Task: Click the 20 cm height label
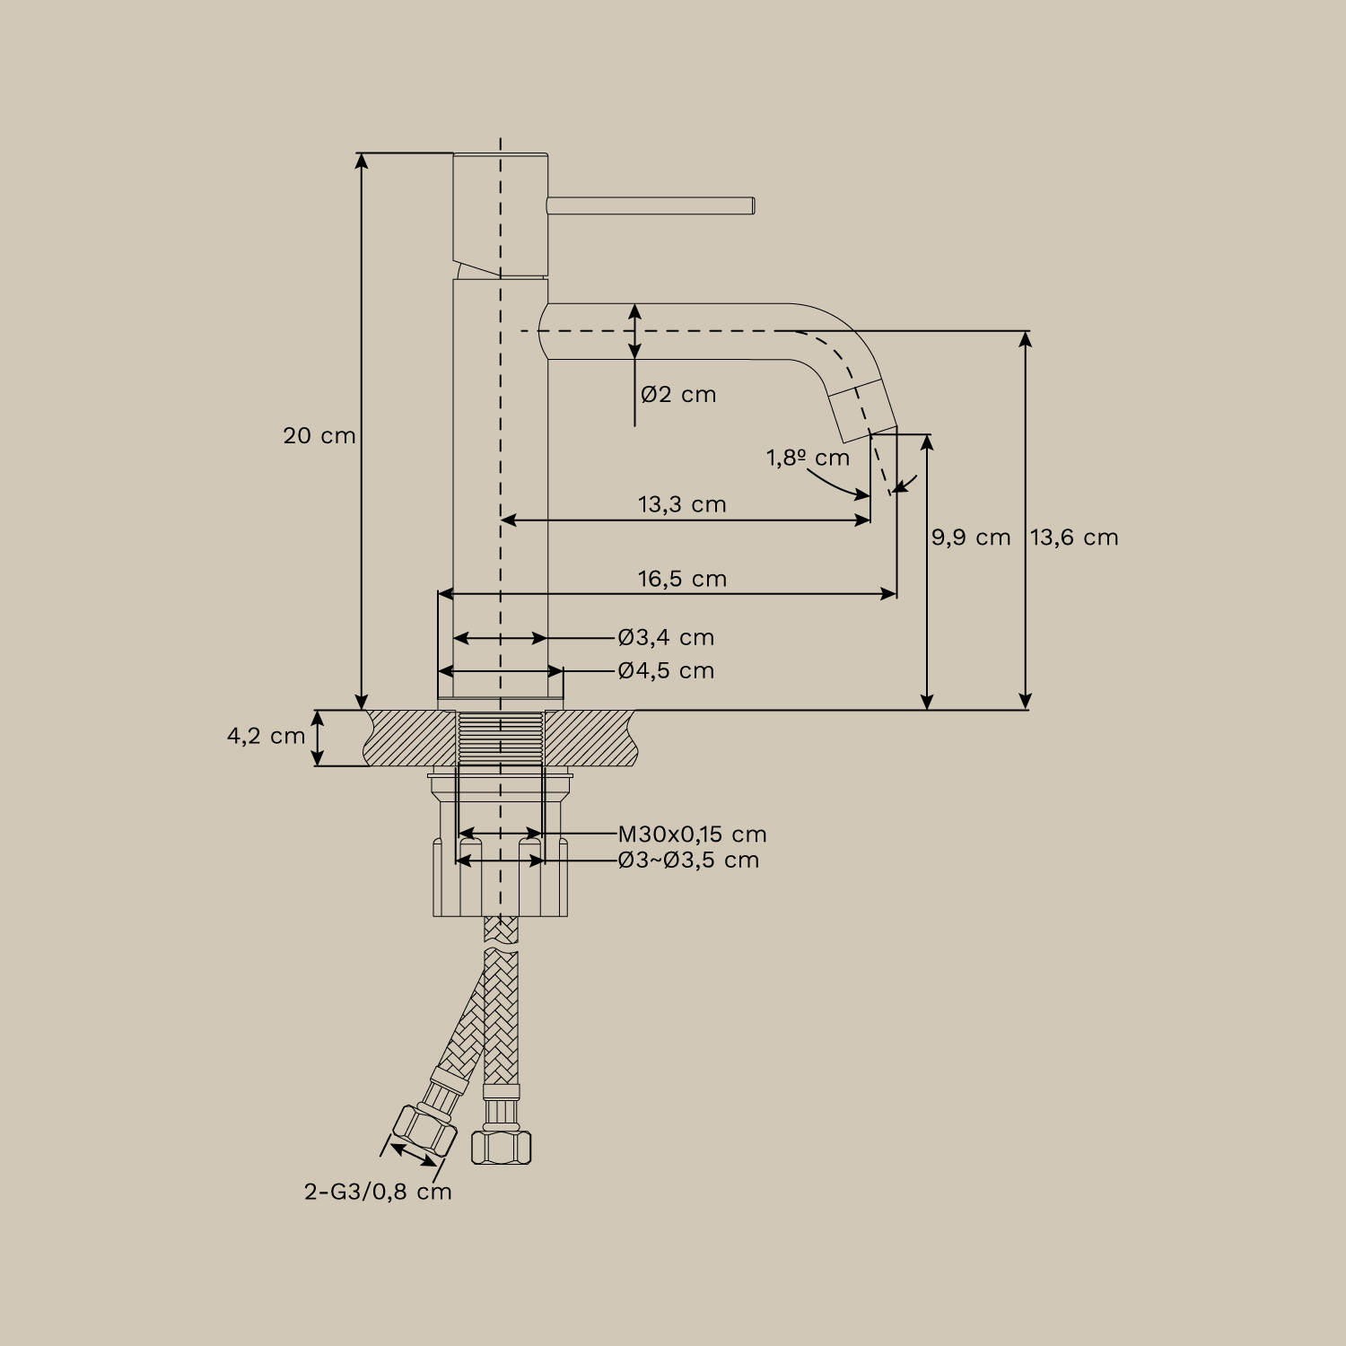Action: [319, 436]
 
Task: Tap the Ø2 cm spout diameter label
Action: [678, 395]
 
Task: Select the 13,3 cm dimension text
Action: [682, 504]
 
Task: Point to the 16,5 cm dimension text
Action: [682, 579]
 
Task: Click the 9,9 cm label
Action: [970, 538]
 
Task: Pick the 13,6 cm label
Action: [1074, 538]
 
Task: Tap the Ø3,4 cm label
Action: [666, 638]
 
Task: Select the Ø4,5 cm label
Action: [666, 671]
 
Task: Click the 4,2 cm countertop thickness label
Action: [266, 737]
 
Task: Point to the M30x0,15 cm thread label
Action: [692, 835]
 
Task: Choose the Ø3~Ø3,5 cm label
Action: [688, 861]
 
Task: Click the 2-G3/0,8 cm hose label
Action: [378, 1193]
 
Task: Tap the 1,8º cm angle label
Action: [808, 459]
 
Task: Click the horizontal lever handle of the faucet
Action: [651, 205]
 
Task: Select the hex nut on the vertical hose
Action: [501, 1146]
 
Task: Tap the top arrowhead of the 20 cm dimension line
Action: [362, 160]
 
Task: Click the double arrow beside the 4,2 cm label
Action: [319, 738]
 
